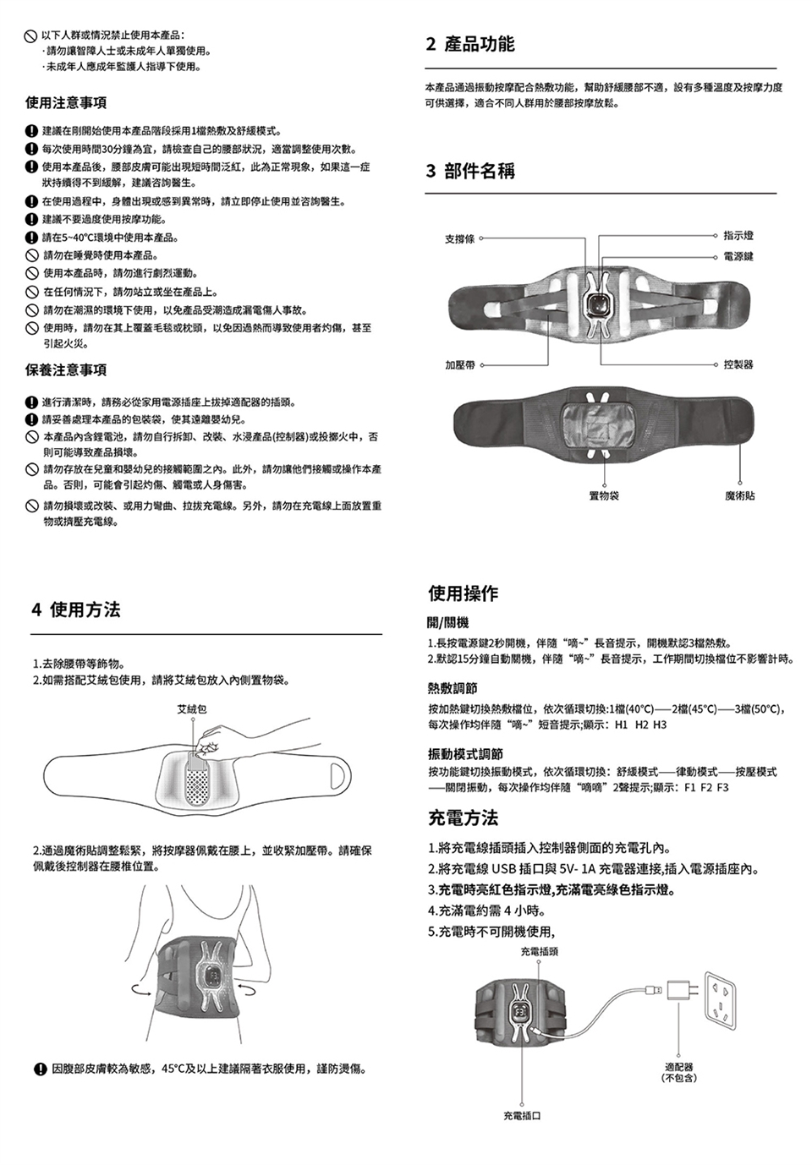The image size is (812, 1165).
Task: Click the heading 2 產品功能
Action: [x=470, y=44]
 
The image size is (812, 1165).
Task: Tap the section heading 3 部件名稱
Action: [x=470, y=171]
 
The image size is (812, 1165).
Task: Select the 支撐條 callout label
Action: [x=460, y=239]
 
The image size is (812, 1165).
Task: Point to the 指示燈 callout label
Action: [x=738, y=235]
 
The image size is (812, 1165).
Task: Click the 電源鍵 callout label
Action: [x=738, y=256]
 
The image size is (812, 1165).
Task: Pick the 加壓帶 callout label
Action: [x=460, y=365]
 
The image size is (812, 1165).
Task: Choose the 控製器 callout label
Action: [x=738, y=365]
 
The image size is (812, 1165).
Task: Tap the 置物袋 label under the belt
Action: [x=604, y=495]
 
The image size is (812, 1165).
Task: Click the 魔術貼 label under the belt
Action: [x=740, y=495]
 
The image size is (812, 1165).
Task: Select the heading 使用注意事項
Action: [x=66, y=102]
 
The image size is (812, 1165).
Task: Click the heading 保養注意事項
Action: [x=66, y=369]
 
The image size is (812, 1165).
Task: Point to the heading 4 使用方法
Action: [x=75, y=610]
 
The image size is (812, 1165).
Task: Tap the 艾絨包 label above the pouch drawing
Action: [x=192, y=708]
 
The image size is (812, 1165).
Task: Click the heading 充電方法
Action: [x=463, y=818]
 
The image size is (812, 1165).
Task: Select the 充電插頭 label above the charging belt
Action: [x=539, y=952]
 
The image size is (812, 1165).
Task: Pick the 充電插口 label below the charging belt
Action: [x=522, y=1116]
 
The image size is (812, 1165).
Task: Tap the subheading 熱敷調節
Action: [x=453, y=688]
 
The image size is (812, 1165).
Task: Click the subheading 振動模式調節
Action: [x=465, y=753]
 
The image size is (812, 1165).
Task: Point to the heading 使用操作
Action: [x=463, y=593]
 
